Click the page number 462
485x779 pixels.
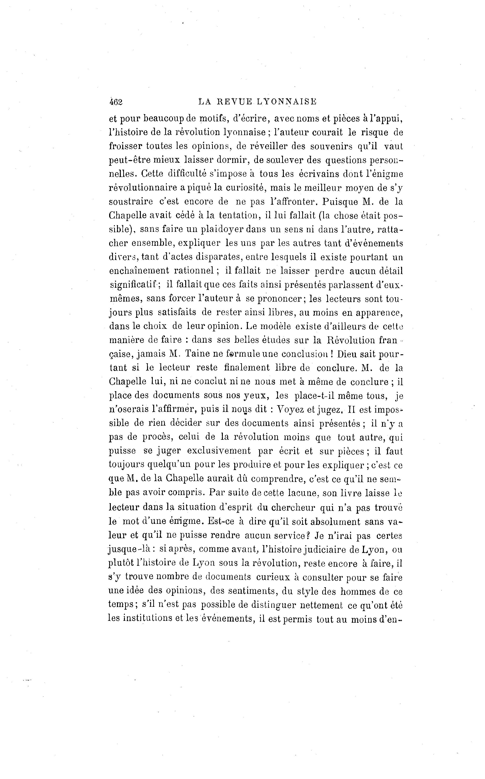click(x=116, y=102)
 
